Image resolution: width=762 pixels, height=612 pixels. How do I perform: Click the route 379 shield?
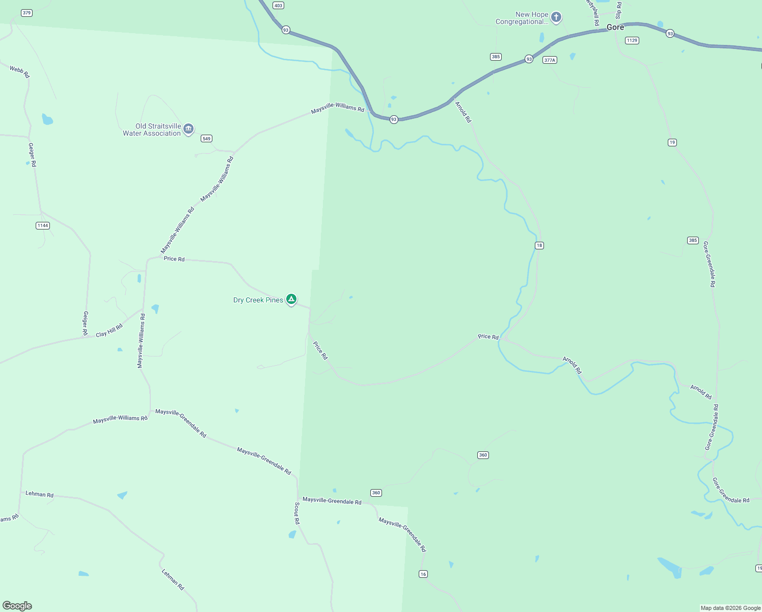[26, 13]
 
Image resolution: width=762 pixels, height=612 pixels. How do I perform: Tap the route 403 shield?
[278, 6]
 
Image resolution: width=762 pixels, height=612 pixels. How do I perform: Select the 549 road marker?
[206, 139]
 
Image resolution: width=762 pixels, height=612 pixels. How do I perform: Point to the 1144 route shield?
[43, 225]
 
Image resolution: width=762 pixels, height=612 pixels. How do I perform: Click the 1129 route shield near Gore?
[632, 40]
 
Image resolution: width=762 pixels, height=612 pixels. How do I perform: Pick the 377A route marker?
[550, 60]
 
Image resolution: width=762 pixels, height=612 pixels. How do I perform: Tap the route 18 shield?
[539, 246]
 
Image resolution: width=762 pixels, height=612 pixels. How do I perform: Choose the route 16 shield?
[423, 574]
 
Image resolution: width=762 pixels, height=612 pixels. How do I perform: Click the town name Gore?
[615, 28]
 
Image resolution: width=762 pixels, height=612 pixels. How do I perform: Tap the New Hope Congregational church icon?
[556, 17]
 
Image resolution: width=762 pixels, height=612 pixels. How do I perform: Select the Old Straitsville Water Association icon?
[188, 129]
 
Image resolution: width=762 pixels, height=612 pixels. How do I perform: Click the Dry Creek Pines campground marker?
[291, 299]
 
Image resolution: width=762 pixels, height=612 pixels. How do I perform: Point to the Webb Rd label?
[20, 72]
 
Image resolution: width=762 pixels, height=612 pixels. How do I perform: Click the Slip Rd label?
[619, 10]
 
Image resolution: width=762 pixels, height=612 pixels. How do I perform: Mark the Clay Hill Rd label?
[110, 330]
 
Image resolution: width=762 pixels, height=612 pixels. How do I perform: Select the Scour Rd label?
[297, 513]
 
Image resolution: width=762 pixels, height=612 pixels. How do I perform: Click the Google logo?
[17, 606]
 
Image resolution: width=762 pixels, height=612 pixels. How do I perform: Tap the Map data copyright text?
[730, 608]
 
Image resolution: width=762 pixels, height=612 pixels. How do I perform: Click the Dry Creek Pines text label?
[258, 300]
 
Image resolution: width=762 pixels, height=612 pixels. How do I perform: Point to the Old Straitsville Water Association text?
[152, 130]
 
